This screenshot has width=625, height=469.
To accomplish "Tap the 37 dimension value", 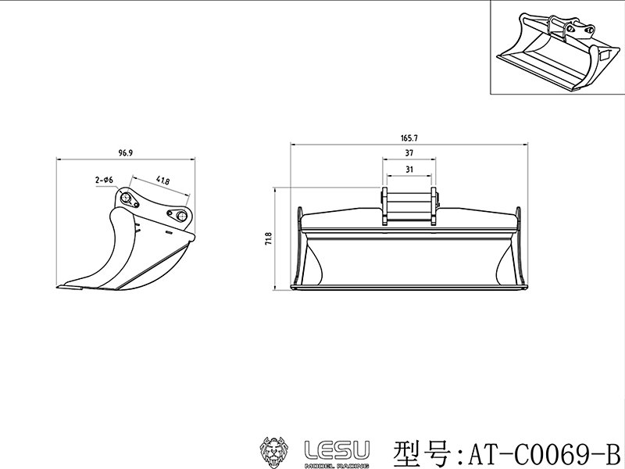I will (x=409, y=152).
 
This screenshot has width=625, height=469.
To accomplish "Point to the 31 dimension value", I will (x=409, y=169).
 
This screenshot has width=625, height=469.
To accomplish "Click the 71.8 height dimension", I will (x=269, y=238).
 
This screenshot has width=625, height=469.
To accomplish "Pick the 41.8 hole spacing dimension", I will (x=163, y=181).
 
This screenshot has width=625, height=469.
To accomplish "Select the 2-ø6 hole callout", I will (x=105, y=180).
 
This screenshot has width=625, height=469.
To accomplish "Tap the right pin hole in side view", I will (x=181, y=217).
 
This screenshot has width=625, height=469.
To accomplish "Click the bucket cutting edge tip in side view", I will (x=64, y=287).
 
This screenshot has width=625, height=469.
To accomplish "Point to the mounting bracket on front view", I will (x=409, y=206).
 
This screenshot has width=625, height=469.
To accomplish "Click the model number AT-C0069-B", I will (x=543, y=452).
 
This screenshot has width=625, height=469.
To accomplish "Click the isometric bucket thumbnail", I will (x=555, y=48).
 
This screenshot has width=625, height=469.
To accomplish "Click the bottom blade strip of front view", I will (x=409, y=290).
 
